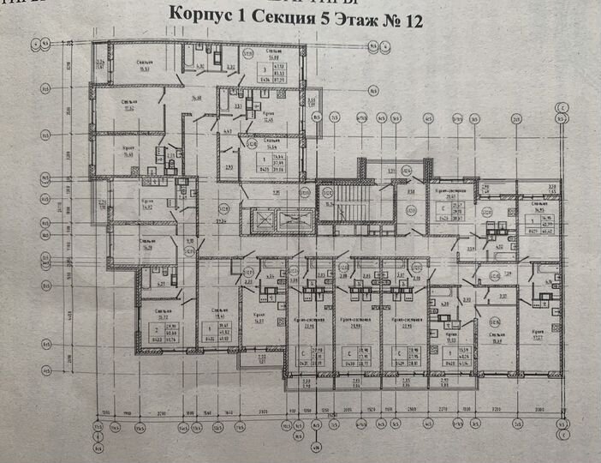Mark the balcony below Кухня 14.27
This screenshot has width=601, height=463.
[x=253, y=359]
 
